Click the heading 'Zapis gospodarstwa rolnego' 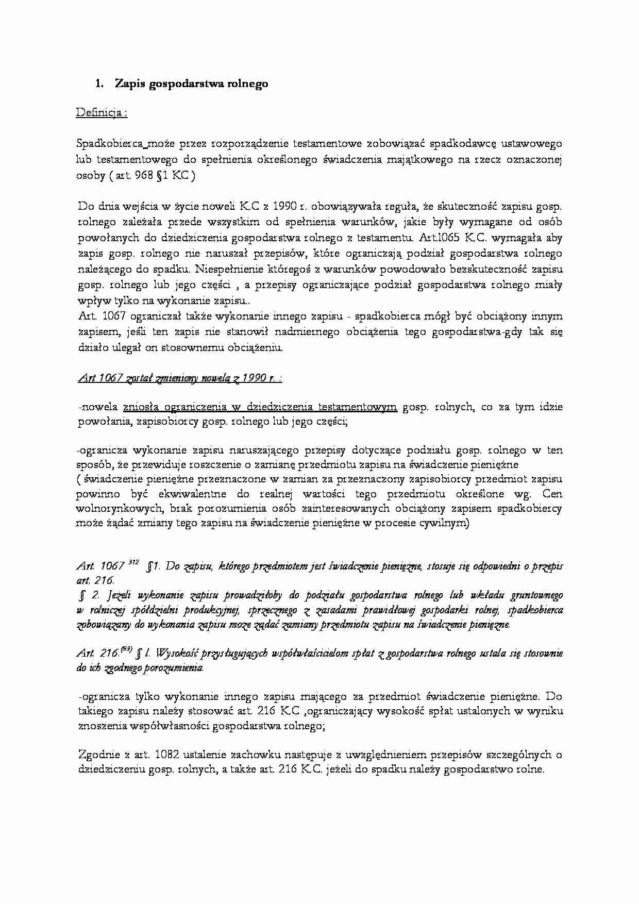[191, 84]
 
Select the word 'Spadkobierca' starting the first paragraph [105, 143]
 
